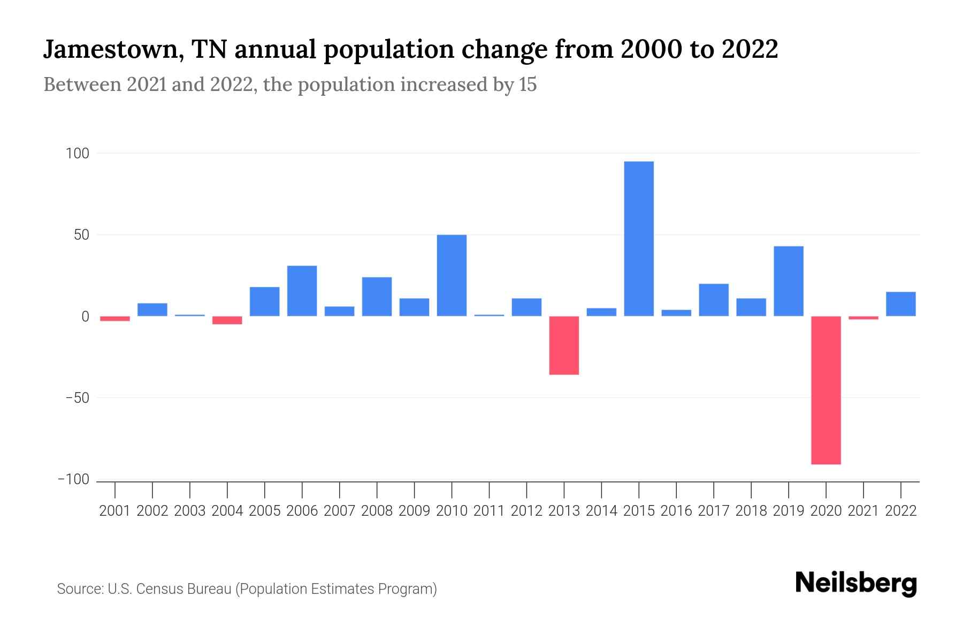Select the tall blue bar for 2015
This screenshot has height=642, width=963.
pyautogui.click(x=639, y=239)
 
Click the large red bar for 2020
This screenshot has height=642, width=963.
pyautogui.click(x=826, y=390)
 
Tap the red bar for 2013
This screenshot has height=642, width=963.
pyautogui.click(x=564, y=345)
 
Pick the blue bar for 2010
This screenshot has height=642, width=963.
pyautogui.click(x=452, y=276)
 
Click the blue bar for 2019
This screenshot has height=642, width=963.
pyautogui.click(x=789, y=281)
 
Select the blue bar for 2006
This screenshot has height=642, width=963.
pyautogui.click(x=302, y=291)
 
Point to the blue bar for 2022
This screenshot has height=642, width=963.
pyautogui.click(x=901, y=304)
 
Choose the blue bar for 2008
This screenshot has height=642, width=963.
pyautogui.click(x=377, y=296)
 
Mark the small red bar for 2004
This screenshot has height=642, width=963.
pyautogui.click(x=227, y=320)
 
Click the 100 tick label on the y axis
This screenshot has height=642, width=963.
pyautogui.click(x=77, y=154)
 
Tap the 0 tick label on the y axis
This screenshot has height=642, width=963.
pyautogui.click(x=85, y=317)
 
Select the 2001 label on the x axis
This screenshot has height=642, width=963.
pyautogui.click(x=115, y=511)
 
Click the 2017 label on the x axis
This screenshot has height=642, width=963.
pyautogui.click(x=714, y=511)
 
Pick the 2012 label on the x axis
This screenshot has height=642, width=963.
pyautogui.click(x=526, y=511)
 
